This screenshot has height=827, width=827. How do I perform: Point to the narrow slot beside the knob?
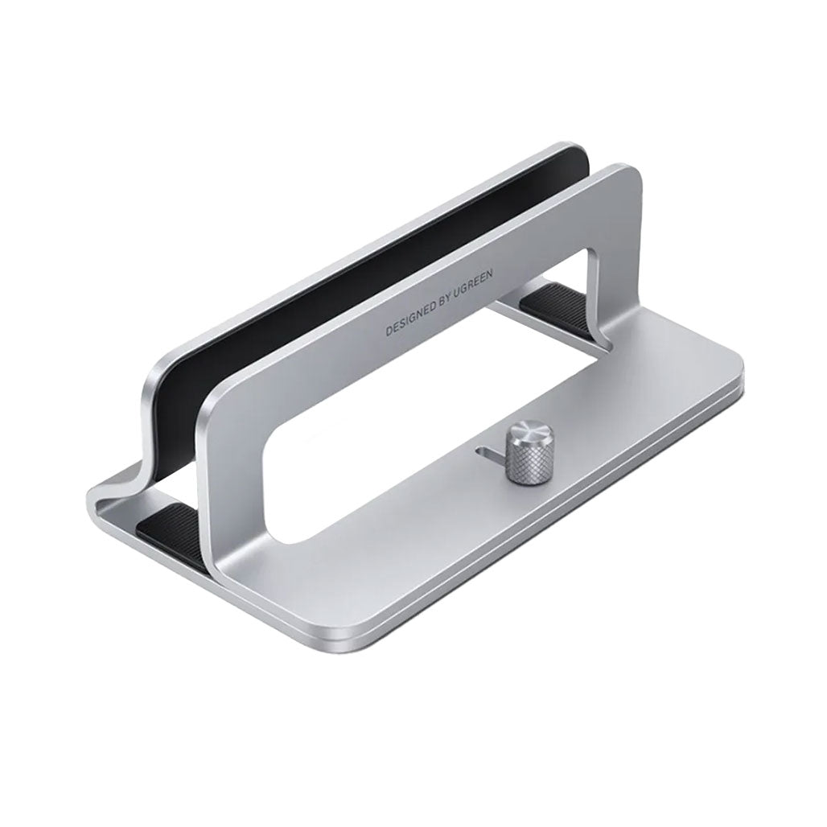[488, 455]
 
